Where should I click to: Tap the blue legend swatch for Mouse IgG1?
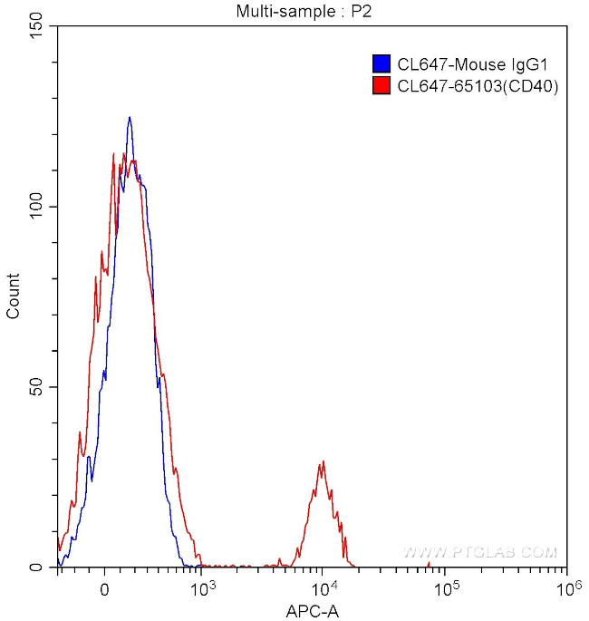[x=381, y=63]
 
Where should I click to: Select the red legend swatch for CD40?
[x=381, y=86]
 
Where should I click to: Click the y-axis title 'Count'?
[x=14, y=296]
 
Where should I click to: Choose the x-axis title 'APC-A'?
[x=313, y=611]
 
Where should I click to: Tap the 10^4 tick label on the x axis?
[x=324, y=587]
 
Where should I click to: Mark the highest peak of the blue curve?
[x=130, y=117]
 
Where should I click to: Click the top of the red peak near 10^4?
[x=322, y=461]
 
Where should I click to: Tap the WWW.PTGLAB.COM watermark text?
[x=479, y=551]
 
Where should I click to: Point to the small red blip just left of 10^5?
[x=429, y=565]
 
